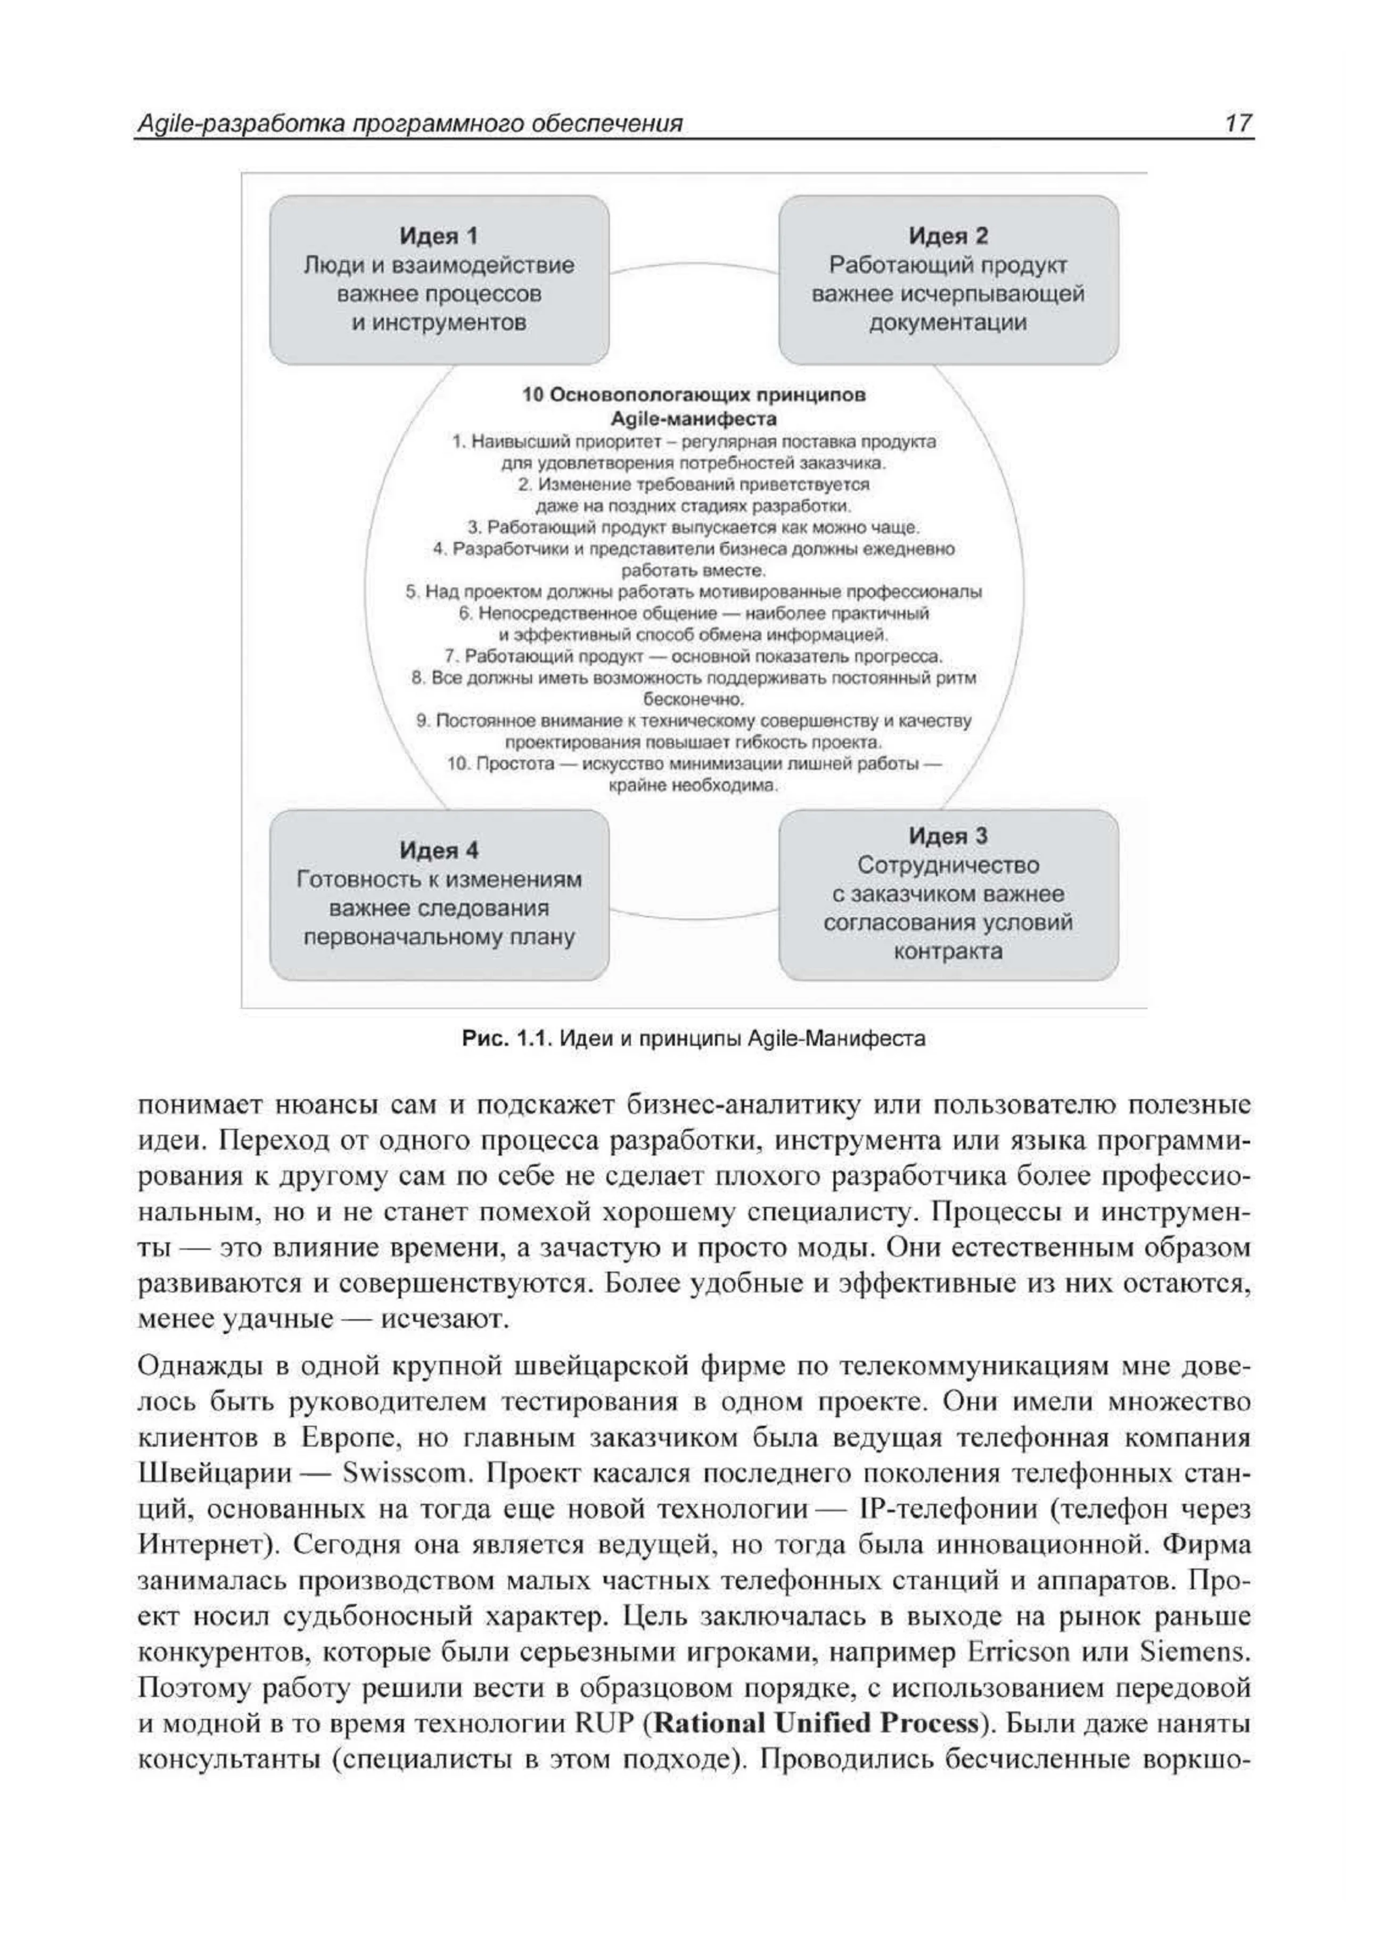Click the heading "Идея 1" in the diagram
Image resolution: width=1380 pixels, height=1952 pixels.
[x=439, y=236]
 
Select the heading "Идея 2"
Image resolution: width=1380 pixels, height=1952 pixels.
[x=948, y=236]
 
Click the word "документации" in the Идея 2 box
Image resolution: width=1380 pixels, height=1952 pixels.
[x=948, y=323]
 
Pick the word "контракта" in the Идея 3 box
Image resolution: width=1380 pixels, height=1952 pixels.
[x=948, y=951]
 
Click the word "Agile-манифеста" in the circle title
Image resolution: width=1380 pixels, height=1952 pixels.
[x=693, y=419]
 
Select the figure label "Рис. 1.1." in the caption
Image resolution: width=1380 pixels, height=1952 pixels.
[x=507, y=1039]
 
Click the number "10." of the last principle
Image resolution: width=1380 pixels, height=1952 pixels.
[x=458, y=763]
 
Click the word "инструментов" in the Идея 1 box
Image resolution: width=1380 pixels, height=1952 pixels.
[x=439, y=323]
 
